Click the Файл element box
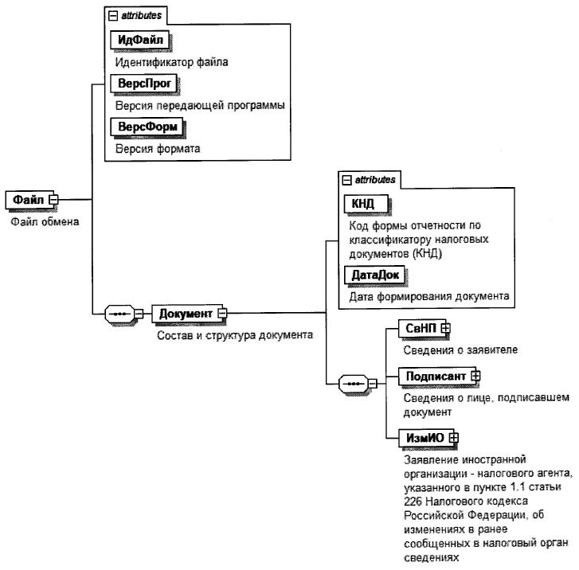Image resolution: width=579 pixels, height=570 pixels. coord(28,200)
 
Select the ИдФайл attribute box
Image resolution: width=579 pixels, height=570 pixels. coord(140,40)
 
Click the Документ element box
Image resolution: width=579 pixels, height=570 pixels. coord(186,314)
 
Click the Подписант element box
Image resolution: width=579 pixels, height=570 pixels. coord(429,375)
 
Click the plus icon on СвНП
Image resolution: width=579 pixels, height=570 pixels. coord(447,328)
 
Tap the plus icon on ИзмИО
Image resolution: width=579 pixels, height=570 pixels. coord(453,437)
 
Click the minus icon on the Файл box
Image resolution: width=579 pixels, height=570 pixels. coord(53,200)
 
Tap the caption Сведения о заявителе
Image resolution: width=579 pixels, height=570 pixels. coord(455,349)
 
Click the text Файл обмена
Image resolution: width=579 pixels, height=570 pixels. coord(44,221)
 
